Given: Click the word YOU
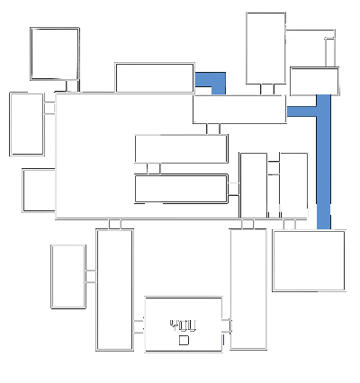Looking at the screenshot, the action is (183, 325).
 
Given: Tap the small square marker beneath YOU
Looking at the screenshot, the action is (184, 340).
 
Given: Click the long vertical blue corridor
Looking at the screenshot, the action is (324, 162).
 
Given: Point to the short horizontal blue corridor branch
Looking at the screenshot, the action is (301, 111).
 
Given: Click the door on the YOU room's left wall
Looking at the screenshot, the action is (139, 326).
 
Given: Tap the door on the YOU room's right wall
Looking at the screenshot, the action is (227, 326).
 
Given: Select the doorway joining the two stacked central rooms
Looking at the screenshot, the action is (154, 169).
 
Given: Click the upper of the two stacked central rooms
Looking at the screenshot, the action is (181, 149).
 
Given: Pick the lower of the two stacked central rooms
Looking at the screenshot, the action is (181, 189).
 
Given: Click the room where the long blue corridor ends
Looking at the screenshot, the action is (309, 261).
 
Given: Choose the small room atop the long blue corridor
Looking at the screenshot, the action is (315, 81).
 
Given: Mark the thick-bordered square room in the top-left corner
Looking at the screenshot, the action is (55, 54).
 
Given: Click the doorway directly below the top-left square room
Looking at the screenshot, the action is (72, 86).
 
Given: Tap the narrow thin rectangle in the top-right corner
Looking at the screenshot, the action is (330, 52).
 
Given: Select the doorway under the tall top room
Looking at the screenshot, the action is (267, 89).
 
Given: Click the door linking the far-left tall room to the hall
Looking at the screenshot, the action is (49, 108).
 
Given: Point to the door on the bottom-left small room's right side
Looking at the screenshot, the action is (91, 276).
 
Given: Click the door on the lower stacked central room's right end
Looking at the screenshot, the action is (234, 189).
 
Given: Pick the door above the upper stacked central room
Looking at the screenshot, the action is (213, 129).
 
